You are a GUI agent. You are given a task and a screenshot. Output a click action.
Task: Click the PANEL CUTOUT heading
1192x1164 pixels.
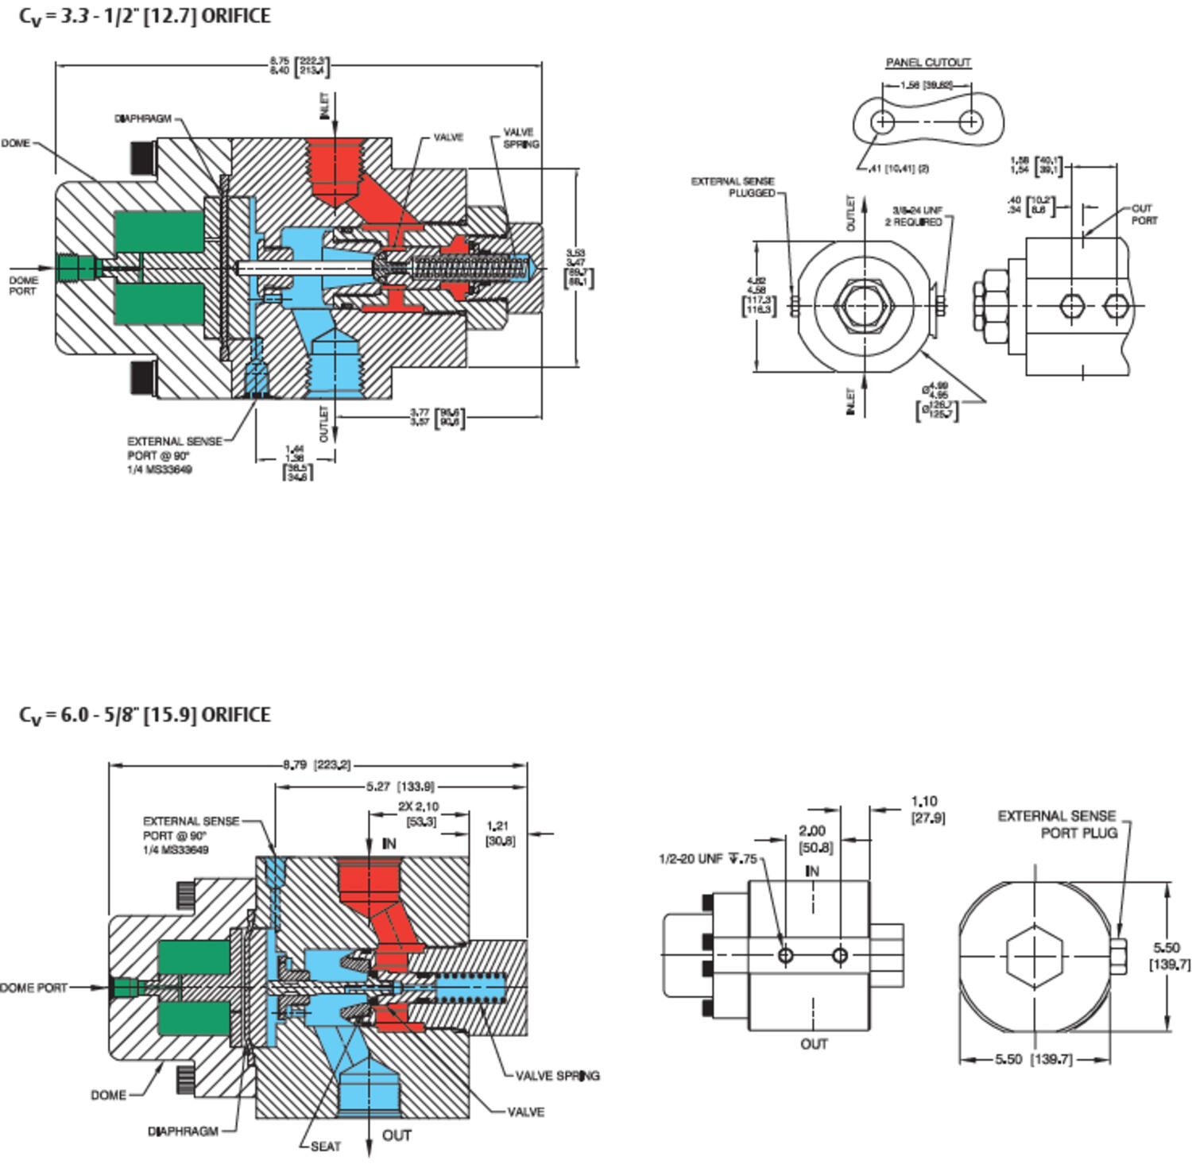tap(928, 62)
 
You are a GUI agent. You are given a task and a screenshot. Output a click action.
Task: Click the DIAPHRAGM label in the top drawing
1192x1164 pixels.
tap(143, 119)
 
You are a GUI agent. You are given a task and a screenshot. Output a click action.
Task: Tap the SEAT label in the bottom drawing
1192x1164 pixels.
tap(326, 1146)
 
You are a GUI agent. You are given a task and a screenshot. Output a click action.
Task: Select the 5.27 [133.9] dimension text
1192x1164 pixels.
tap(401, 787)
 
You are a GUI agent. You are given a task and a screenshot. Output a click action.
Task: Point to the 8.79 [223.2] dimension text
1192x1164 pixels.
tap(317, 765)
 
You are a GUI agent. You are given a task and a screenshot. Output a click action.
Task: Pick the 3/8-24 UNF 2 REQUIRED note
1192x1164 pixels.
tap(915, 216)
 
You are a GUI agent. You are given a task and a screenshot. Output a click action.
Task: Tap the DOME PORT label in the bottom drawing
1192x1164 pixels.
tap(34, 988)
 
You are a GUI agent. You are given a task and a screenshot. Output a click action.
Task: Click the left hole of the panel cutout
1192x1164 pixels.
tap(883, 122)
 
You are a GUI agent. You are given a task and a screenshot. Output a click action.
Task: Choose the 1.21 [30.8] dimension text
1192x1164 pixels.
tap(499, 833)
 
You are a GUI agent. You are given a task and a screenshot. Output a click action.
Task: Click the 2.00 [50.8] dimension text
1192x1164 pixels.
tap(815, 839)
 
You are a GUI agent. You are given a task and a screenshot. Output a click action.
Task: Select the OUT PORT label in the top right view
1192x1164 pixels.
tap(1144, 215)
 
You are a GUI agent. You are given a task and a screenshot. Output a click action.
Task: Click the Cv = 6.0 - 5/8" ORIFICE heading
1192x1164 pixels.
tap(145, 715)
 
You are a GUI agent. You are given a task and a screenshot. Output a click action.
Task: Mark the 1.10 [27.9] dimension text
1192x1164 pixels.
tap(926, 810)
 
